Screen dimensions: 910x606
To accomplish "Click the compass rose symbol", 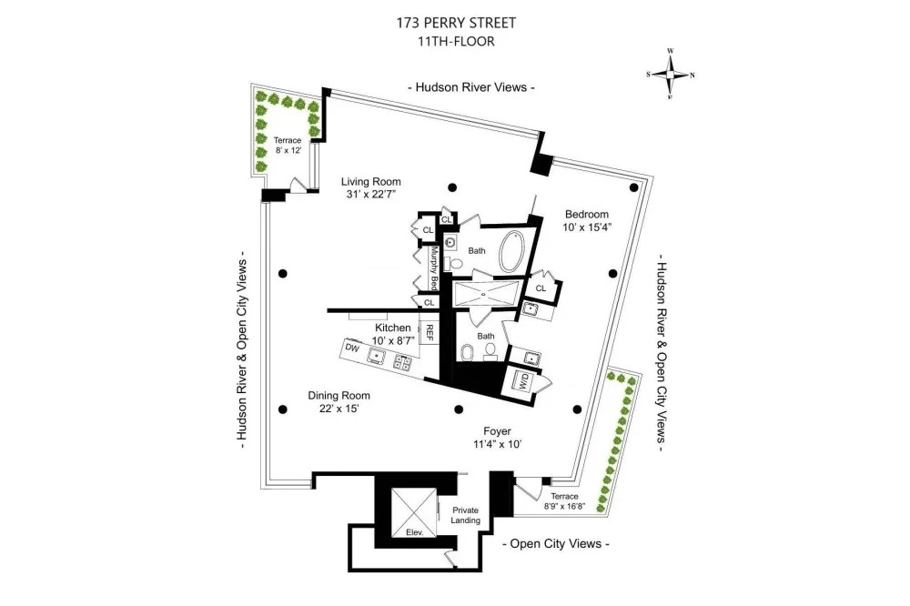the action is [671, 75].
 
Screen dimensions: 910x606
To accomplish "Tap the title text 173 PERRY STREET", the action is [456, 23].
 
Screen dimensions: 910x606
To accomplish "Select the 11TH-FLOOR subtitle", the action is [456, 42].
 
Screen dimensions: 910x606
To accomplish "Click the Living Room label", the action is [371, 182].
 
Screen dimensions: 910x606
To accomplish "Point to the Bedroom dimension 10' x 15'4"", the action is [587, 227].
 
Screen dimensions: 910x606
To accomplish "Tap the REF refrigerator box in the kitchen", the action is [430, 333].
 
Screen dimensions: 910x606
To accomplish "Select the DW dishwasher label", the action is [352, 348].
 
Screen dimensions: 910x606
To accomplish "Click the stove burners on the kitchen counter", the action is [402, 362].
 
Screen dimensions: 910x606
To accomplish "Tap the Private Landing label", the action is [465, 515].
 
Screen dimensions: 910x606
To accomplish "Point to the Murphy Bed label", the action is [433, 268].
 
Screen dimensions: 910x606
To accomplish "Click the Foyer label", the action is [498, 431].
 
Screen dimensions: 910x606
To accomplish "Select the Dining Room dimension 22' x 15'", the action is [339, 409].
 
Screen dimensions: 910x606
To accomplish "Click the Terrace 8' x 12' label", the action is [288, 145].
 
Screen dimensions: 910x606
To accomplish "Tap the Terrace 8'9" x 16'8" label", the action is [565, 501].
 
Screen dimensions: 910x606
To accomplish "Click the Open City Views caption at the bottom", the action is [555, 544].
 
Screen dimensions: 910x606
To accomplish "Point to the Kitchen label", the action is [393, 328].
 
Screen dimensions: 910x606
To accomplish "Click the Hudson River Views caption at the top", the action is [470, 87].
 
